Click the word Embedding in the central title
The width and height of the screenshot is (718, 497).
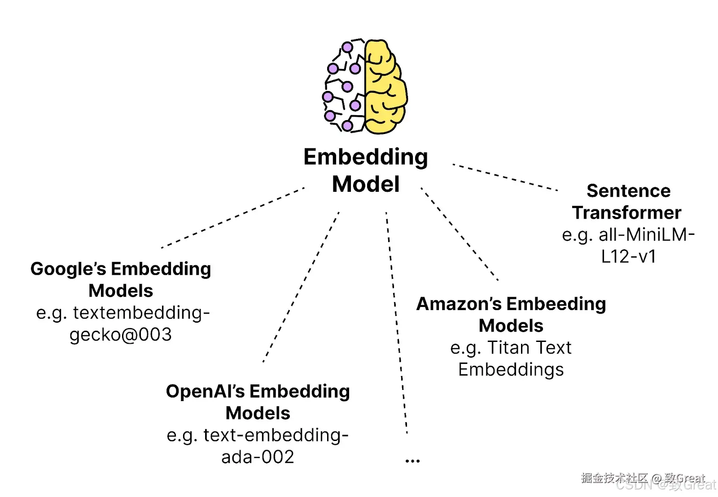(x=365, y=157)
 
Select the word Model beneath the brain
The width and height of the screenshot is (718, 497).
(x=365, y=184)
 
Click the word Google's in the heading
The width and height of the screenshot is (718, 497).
(x=68, y=269)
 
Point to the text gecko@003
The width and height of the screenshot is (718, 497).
(x=121, y=335)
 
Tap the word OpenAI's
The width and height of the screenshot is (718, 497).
(x=205, y=391)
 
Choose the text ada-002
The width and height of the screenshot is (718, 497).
(x=258, y=457)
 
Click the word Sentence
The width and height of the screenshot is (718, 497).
(x=628, y=191)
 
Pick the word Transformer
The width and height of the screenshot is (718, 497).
(x=626, y=213)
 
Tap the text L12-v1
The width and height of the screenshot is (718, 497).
(x=628, y=257)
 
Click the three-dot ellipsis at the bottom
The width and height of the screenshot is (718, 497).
(x=412, y=460)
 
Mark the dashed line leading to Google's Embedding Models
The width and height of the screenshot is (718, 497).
(x=233, y=217)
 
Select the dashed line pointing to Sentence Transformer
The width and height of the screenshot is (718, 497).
(x=505, y=177)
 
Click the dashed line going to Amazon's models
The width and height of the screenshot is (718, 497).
(x=459, y=233)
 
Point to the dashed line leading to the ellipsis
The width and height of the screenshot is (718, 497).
(x=396, y=323)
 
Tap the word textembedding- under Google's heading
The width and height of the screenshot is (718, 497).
(x=141, y=313)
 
